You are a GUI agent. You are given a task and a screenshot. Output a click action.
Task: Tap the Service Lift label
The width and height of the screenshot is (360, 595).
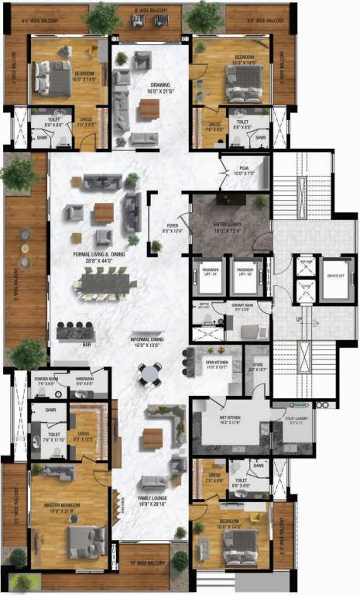click(335, 275)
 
